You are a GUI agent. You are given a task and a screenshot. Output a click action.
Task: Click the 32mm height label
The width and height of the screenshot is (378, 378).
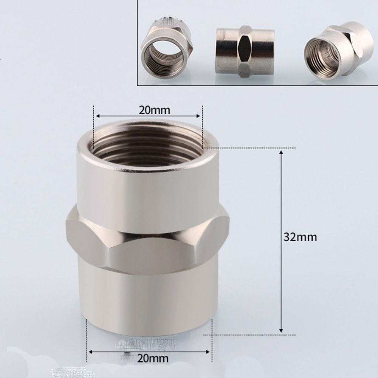click(300, 237)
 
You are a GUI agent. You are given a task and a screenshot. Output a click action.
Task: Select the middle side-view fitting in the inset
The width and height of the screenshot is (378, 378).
click(240, 50)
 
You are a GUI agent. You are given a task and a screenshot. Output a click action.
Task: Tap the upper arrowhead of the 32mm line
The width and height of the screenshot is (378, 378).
click(281, 152)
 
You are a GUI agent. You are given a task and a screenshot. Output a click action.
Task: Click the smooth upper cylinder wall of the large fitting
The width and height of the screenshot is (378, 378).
click(147, 189)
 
